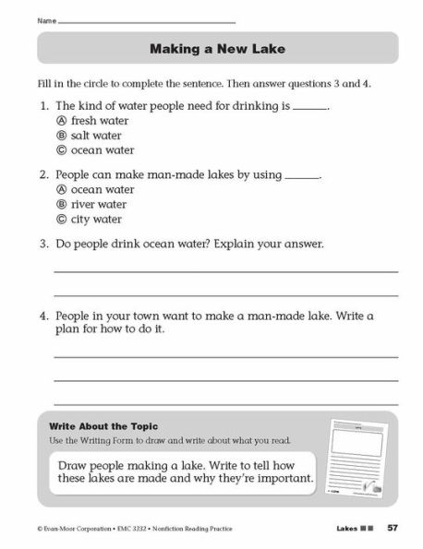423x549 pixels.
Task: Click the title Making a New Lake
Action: [219, 47]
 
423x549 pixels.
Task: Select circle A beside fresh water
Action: [61, 121]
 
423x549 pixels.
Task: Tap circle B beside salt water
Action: [61, 136]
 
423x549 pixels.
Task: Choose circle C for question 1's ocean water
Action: [61, 150]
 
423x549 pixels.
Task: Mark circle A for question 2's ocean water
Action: [61, 189]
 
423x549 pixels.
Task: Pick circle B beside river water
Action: [61, 204]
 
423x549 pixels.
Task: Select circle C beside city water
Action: [61, 220]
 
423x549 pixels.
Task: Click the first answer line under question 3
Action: [225, 271]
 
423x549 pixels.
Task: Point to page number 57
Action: [393, 528]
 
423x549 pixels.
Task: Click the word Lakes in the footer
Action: [343, 528]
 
